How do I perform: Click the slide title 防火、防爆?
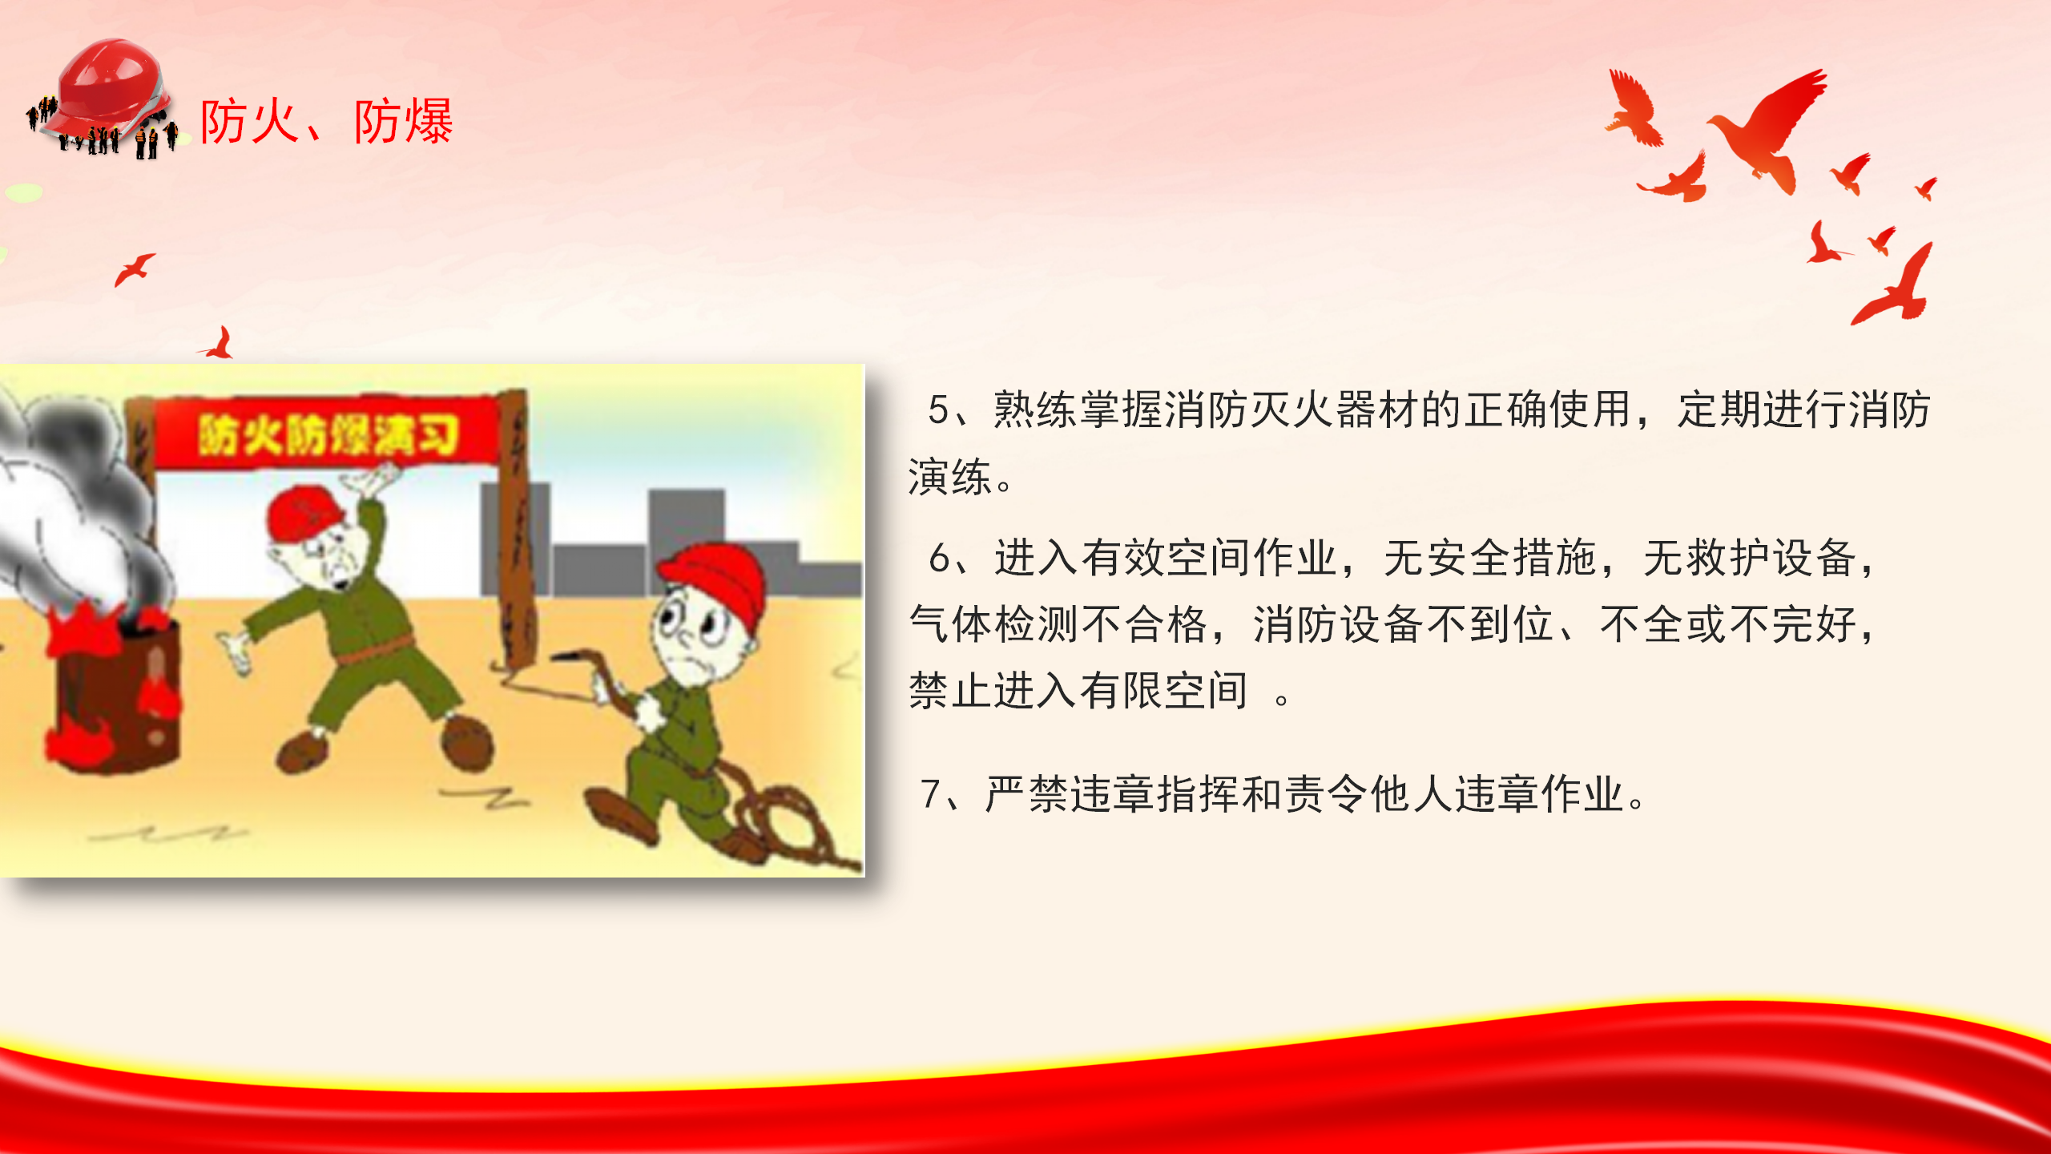point(326,122)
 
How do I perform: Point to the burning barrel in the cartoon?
point(112,689)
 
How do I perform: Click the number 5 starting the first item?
point(938,410)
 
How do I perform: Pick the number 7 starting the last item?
point(930,794)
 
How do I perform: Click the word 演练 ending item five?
point(950,478)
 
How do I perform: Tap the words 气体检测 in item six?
point(994,624)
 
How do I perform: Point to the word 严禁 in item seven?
point(1027,794)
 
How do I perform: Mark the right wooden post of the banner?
point(517,529)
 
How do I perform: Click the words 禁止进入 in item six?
point(994,691)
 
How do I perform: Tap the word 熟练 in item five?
point(1036,410)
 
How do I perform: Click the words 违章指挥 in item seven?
point(1155,794)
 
